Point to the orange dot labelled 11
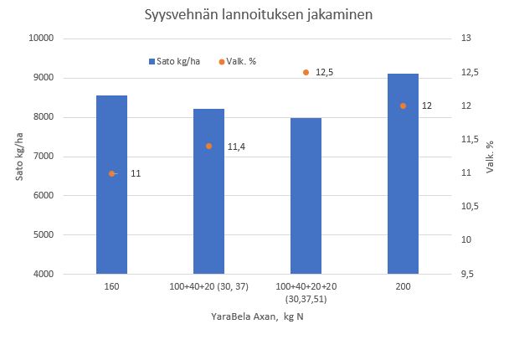pyautogui.click(x=111, y=173)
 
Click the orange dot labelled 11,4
pyautogui.click(x=209, y=147)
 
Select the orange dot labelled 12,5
pyautogui.click(x=306, y=73)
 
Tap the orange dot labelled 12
pyautogui.click(x=403, y=106)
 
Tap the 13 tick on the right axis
pyautogui.click(x=466, y=39)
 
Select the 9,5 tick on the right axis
pyautogui.click(x=470, y=274)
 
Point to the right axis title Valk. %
pyautogui.click(x=491, y=157)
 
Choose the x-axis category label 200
pyautogui.click(x=403, y=286)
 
